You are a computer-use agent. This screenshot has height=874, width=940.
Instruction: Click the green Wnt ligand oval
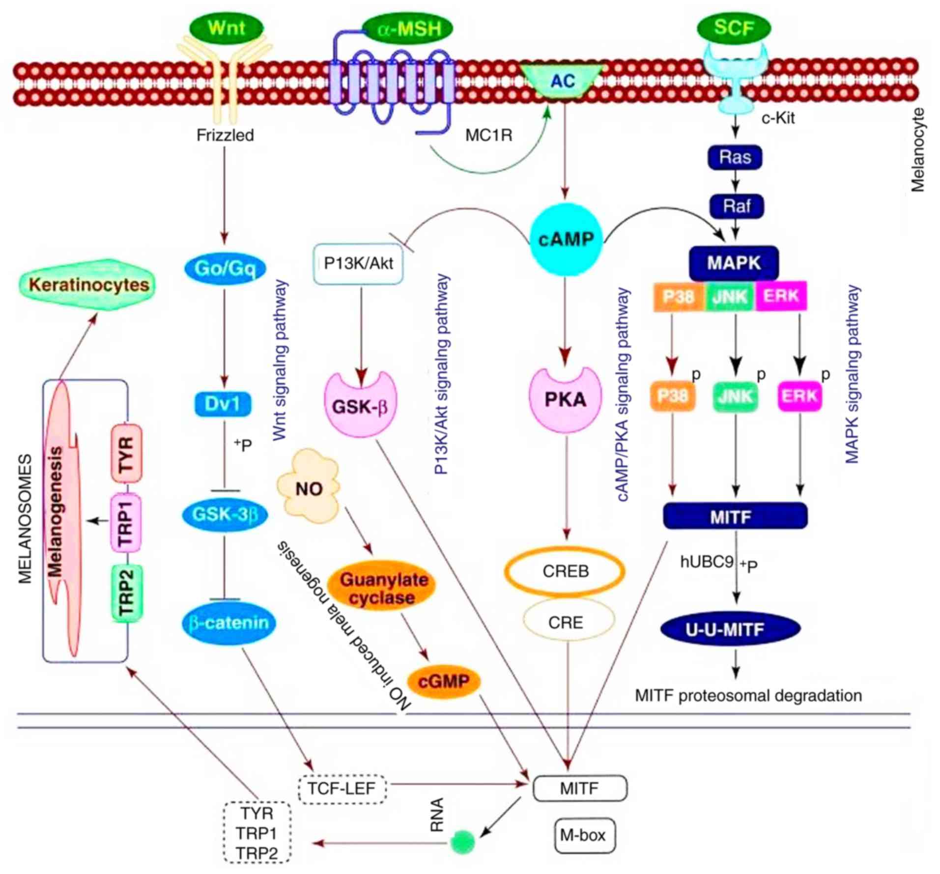[x=226, y=28]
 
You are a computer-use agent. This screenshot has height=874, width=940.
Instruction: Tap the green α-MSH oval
[x=408, y=29]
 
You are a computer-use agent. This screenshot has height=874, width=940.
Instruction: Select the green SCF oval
[x=734, y=28]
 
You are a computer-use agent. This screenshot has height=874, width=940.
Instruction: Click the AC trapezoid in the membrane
[x=563, y=81]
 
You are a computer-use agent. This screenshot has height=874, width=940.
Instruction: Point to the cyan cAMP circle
[x=566, y=240]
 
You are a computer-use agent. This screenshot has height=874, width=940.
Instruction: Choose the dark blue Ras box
[x=735, y=157]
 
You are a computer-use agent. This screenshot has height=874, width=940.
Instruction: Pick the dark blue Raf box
[x=737, y=206]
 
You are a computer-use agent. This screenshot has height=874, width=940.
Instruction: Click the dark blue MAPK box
[x=734, y=263]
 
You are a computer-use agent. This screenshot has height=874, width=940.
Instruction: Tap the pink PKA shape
[x=565, y=399]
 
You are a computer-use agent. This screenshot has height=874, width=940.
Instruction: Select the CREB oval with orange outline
[x=565, y=571]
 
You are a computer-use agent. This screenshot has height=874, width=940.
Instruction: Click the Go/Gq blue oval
[x=225, y=268]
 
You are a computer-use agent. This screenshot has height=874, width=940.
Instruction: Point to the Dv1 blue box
[x=223, y=404]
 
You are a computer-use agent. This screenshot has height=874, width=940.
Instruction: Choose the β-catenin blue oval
[x=228, y=623]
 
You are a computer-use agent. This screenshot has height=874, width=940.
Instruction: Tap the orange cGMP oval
[x=444, y=681]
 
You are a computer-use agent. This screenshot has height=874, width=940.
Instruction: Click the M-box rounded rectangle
[x=584, y=835]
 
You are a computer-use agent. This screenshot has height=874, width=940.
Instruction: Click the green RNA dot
[x=462, y=842]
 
